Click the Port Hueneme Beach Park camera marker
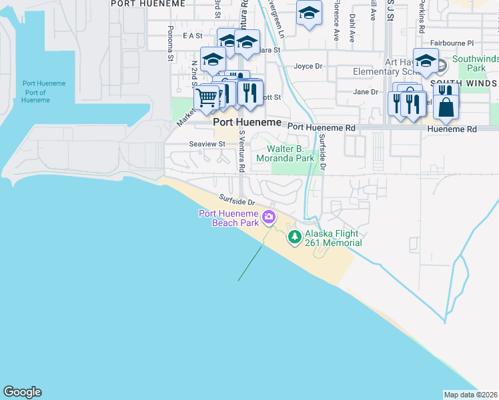[x=269, y=216]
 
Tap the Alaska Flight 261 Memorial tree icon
[x=294, y=236]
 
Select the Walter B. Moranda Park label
[x=290, y=154]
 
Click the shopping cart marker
[x=207, y=97]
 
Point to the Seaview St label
[x=207, y=144]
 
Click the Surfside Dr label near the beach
[x=237, y=200]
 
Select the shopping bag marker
[x=446, y=106]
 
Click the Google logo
[x=22, y=392]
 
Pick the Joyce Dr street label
[x=308, y=66]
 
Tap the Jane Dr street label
[x=366, y=92]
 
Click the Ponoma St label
[x=171, y=44]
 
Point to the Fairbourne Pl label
[x=452, y=43]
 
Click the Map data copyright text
[x=470, y=395]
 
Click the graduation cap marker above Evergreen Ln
[x=308, y=14]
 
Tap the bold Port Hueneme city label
[x=246, y=123]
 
